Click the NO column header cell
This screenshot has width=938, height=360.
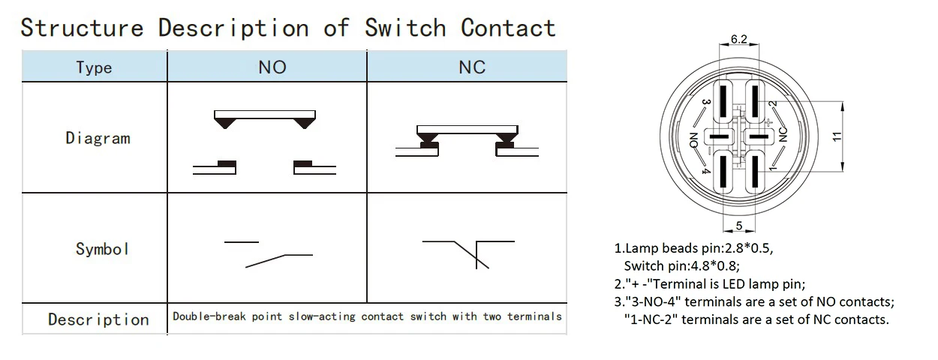[x=272, y=67]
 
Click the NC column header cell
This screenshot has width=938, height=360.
[x=472, y=67]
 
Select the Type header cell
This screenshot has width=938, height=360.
[x=94, y=67]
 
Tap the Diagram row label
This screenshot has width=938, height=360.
[x=98, y=138]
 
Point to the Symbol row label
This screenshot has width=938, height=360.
[x=102, y=249]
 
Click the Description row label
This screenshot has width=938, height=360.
[x=98, y=319]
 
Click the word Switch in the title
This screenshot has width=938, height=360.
[x=406, y=28]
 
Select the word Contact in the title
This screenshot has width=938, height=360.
[x=508, y=28]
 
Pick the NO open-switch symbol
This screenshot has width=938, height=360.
[x=267, y=253]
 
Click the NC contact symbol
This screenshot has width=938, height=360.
[x=469, y=252]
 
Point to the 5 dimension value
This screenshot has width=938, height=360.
[x=738, y=225]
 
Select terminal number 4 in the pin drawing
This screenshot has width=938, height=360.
[x=705, y=169]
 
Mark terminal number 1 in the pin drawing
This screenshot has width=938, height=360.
[x=772, y=170]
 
